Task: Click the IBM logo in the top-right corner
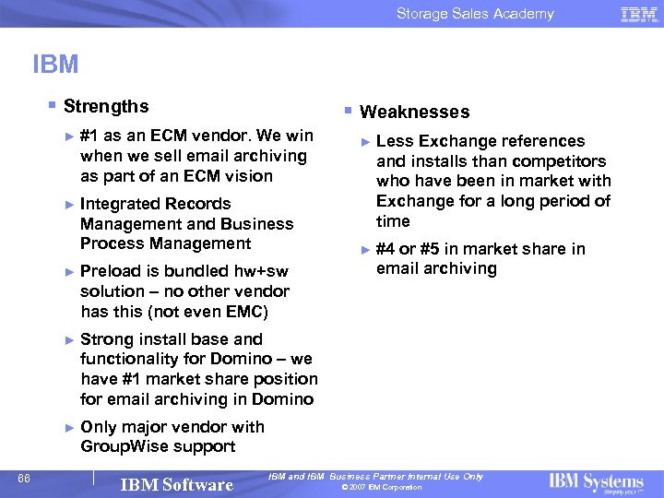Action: pyautogui.click(x=638, y=14)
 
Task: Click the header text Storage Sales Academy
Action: pyautogui.click(x=475, y=14)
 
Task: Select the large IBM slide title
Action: pyautogui.click(x=55, y=65)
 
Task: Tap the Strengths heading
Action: pyautogui.click(x=106, y=107)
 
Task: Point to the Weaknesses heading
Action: pyautogui.click(x=414, y=113)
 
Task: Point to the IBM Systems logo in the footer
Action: pyautogui.click(x=596, y=482)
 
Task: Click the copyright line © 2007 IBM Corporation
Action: pyautogui.click(x=381, y=488)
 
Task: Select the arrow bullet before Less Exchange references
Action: pyautogui.click(x=365, y=141)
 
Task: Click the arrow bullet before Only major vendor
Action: pyautogui.click(x=69, y=427)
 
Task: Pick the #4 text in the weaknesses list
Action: pyautogui.click(x=385, y=249)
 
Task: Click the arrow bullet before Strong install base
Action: pyautogui.click(x=69, y=339)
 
